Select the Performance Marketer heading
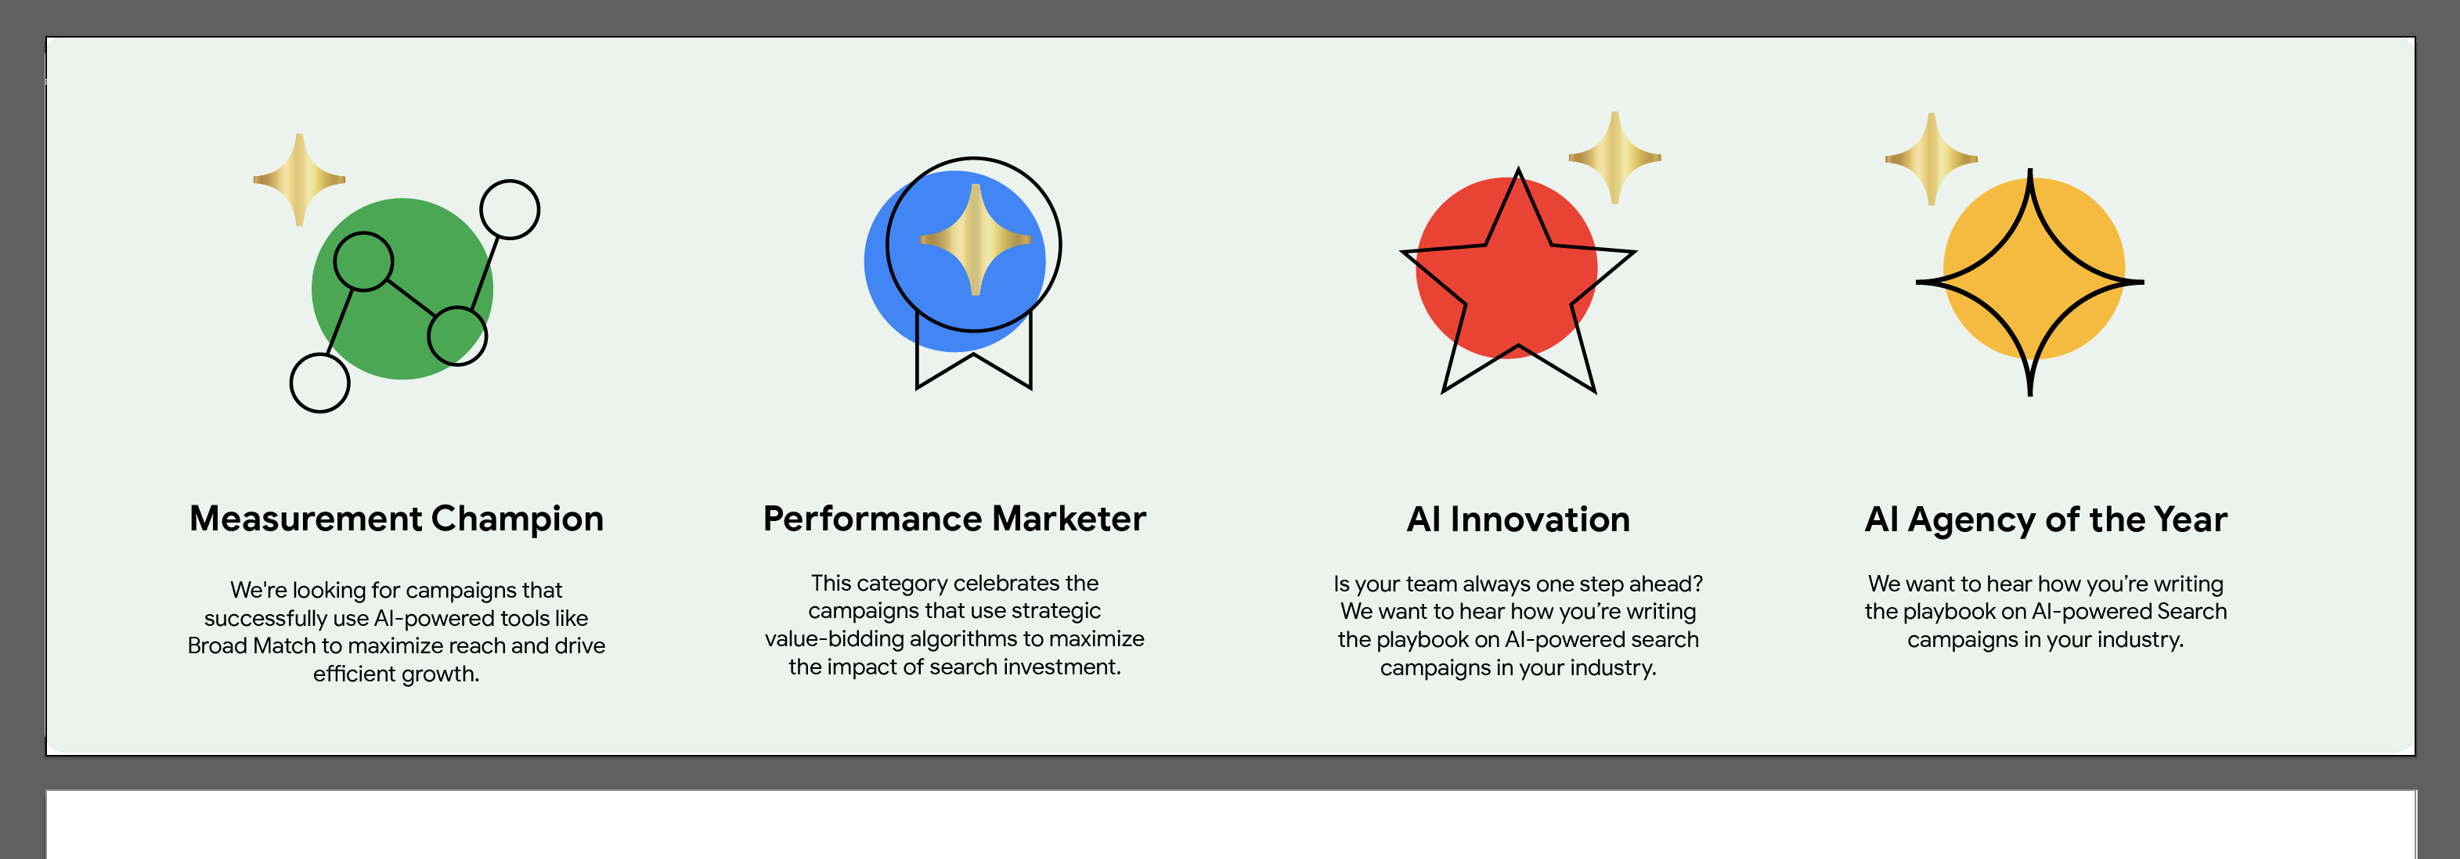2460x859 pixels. click(x=954, y=518)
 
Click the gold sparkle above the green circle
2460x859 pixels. click(x=299, y=179)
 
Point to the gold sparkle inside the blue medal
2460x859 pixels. click(x=975, y=239)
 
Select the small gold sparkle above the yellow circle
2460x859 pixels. click(x=1931, y=160)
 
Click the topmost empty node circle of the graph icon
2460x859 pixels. click(x=510, y=209)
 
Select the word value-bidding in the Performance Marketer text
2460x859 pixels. click(x=834, y=638)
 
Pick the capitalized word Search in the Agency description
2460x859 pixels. click(x=2191, y=612)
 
